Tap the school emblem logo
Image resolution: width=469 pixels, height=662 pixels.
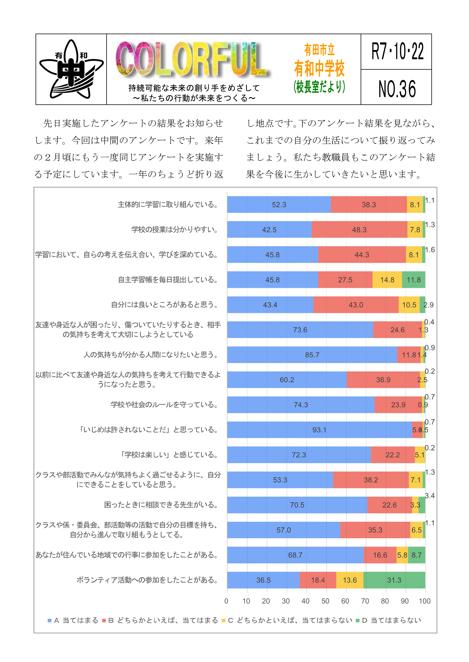71,69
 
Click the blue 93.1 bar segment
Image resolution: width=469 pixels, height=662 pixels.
319,430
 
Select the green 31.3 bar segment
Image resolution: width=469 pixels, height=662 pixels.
394,580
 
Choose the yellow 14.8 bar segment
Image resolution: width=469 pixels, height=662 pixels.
387,280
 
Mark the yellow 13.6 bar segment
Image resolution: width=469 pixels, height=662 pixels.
349,580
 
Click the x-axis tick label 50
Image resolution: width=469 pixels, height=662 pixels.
325,601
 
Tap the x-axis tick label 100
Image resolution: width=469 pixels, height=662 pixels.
425,601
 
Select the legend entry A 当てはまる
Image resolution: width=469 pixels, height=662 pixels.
73,620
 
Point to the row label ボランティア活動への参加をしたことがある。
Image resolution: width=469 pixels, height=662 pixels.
148,580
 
